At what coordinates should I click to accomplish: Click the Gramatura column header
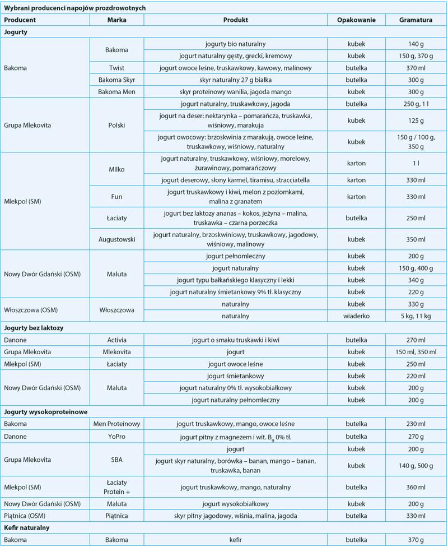click(416, 20)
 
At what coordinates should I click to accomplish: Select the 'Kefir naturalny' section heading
click(27, 527)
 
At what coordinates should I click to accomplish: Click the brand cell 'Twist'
click(116, 67)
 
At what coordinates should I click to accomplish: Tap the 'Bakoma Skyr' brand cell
click(116, 79)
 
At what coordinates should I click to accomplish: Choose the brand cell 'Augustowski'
click(116, 239)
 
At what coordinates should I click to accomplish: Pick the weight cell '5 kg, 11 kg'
click(416, 316)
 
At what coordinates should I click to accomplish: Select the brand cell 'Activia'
click(116, 340)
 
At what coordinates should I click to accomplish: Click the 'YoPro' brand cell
click(116, 435)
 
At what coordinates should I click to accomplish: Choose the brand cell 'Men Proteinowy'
click(116, 424)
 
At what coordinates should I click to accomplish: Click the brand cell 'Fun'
click(116, 197)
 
